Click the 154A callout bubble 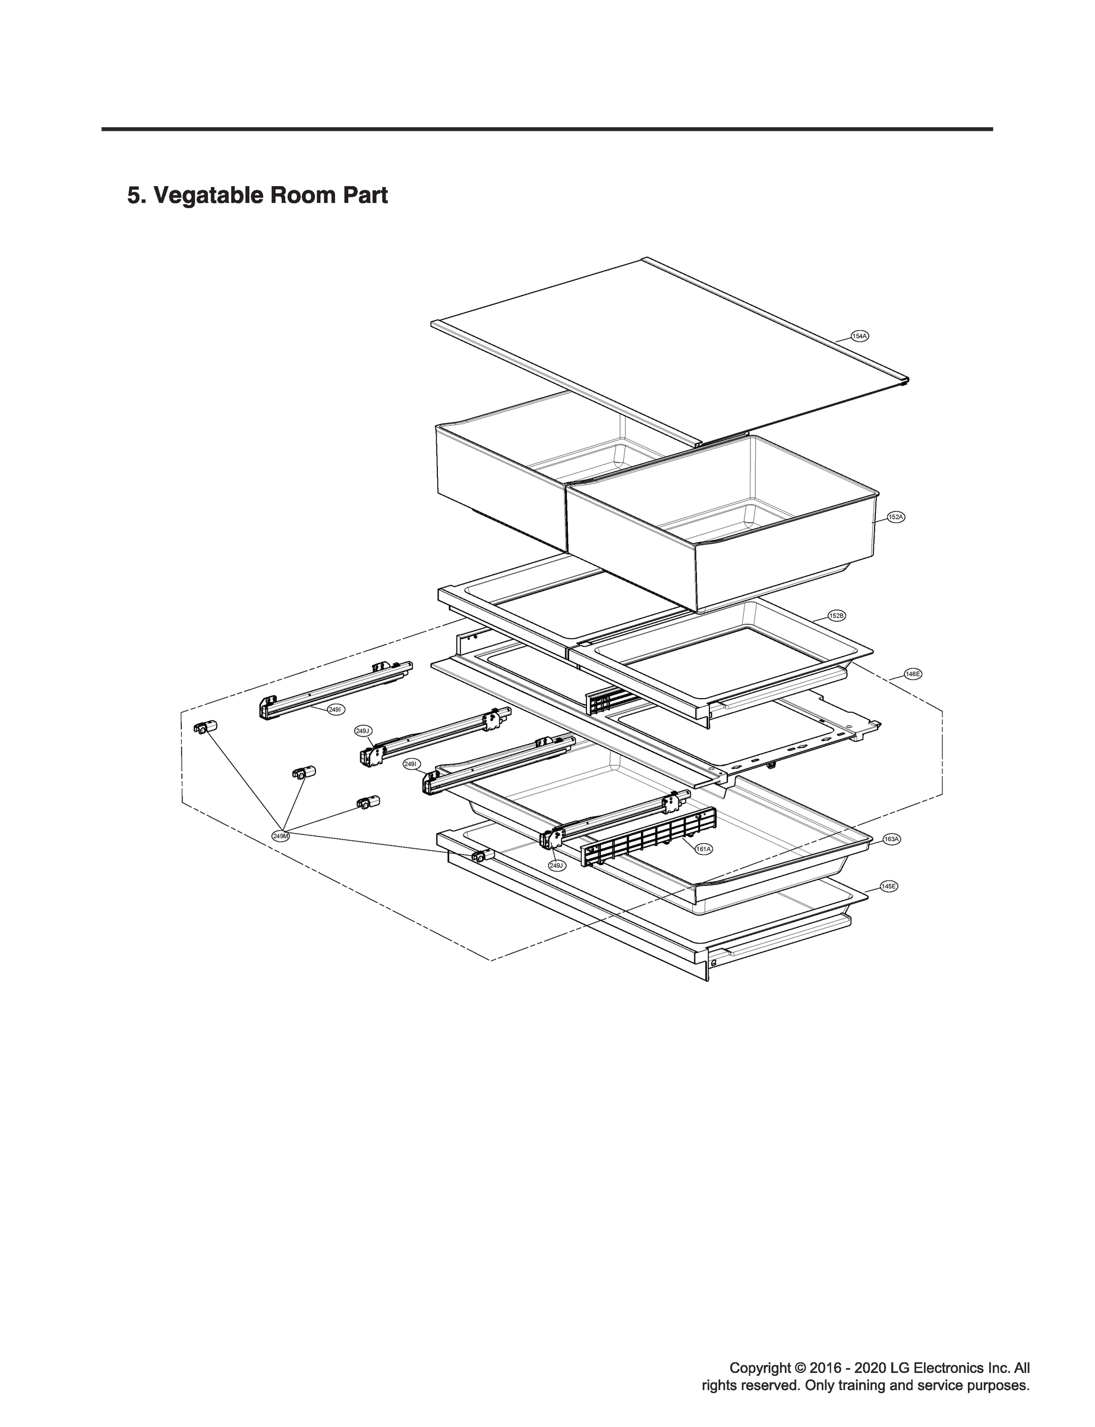point(860,337)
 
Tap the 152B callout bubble point(837,615)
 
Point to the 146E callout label point(913,674)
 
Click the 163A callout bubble point(891,840)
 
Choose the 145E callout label point(889,887)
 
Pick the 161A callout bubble point(703,849)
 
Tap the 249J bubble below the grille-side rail point(557,866)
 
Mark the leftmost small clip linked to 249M point(204,728)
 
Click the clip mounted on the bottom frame point(483,856)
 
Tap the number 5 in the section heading point(133,196)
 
